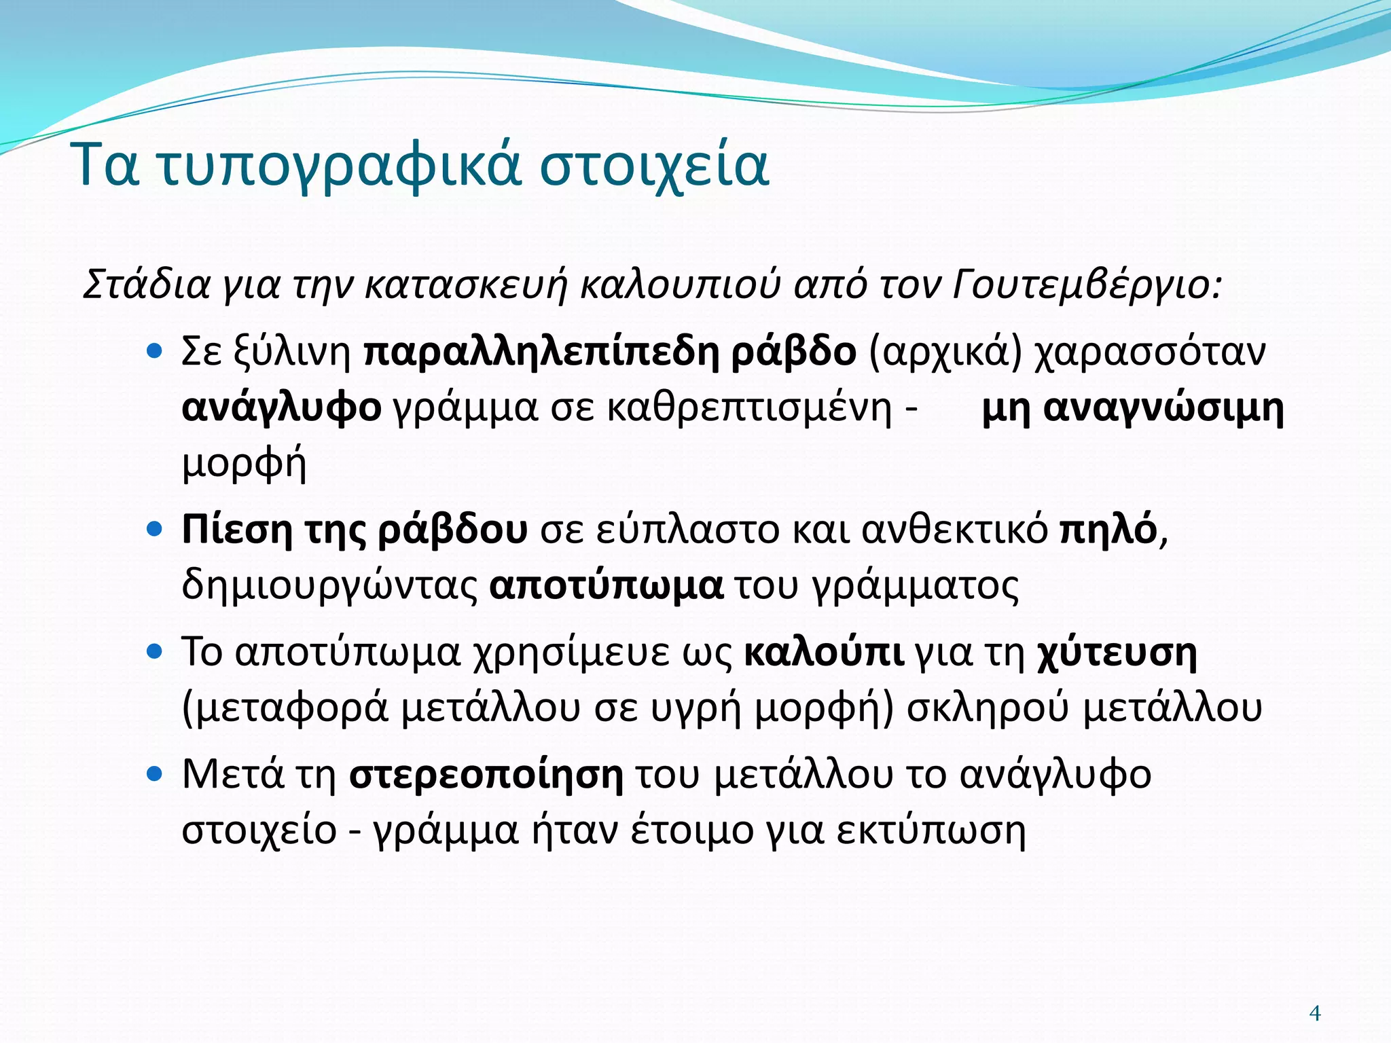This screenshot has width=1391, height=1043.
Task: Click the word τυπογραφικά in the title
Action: point(340,166)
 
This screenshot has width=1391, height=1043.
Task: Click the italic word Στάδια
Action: point(146,285)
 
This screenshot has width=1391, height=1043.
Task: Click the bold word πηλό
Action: point(1108,530)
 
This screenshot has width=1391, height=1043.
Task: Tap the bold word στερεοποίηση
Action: point(486,775)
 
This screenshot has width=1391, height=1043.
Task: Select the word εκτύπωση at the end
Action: point(931,830)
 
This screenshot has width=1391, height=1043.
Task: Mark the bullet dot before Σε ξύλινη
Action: point(156,351)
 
